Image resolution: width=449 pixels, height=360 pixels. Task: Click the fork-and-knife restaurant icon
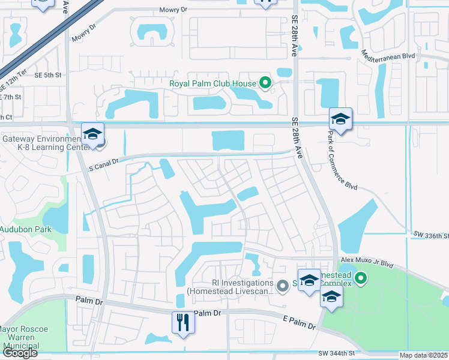tap(183, 322)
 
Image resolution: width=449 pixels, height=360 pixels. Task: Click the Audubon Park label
tap(25, 229)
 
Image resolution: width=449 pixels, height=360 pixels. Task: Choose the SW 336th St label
tap(430, 234)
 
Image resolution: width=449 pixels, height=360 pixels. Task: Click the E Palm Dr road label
tap(299, 325)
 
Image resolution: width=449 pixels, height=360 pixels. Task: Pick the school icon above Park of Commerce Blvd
tap(340, 118)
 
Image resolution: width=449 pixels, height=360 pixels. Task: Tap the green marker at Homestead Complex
tap(360, 278)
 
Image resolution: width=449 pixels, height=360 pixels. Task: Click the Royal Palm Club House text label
tap(212, 83)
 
